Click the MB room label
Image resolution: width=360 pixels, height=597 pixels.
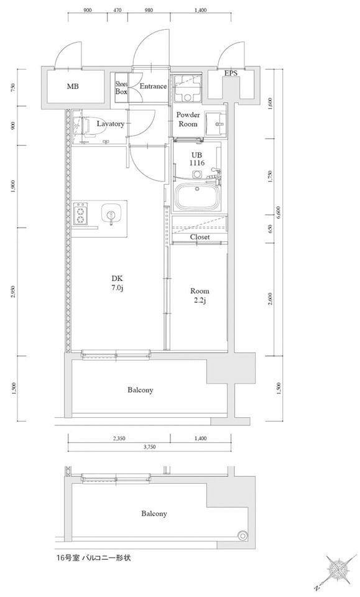73,86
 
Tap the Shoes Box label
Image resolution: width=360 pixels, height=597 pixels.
121,88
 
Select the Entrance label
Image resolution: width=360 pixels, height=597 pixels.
153,86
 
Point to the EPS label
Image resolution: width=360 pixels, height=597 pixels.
230,73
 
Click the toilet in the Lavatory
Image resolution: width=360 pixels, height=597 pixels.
89,126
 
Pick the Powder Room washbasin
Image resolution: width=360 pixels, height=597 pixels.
216,123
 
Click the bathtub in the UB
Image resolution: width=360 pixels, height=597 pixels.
196,196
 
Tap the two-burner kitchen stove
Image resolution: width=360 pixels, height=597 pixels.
81,215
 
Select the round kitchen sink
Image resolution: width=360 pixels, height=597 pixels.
111,214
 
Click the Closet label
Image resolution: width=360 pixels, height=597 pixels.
200,237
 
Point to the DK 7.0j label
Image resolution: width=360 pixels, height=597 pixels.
117,282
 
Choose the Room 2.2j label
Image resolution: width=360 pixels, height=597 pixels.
200,296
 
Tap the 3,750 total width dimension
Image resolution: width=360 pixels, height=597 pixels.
150,448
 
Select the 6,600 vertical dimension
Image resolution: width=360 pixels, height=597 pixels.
279,213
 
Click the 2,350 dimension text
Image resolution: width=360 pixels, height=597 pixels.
119,438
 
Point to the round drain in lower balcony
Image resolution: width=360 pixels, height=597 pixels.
242,535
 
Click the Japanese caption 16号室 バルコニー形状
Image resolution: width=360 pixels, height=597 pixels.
93,558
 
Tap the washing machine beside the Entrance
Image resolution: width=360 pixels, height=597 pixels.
187,88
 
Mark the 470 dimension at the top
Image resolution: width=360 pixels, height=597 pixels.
118,11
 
